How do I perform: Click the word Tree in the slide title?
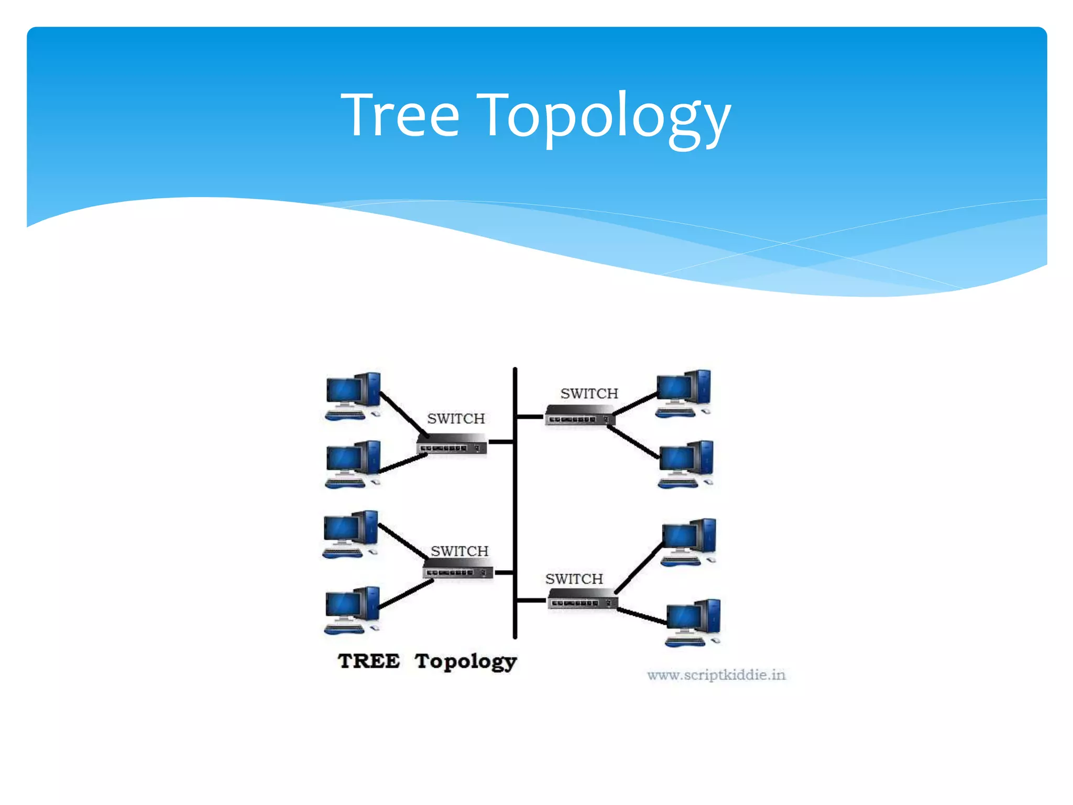coord(400,115)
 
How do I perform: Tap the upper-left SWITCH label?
coord(456,419)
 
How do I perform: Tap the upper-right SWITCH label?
coord(589,394)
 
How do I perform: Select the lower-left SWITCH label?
coord(459,551)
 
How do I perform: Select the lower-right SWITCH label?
coord(574,579)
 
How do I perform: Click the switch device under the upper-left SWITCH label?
coord(452,444)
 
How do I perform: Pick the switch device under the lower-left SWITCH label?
coord(458,569)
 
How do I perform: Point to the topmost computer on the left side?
coord(353,396)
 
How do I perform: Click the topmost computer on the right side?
coord(683,393)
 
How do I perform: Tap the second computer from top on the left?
coord(353,464)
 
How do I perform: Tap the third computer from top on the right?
coord(688,542)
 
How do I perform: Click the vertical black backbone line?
coord(515,503)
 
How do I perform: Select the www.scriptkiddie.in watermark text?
coord(716,675)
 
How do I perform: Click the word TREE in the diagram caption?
coord(369,661)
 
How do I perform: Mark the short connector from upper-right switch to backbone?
coord(530,417)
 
